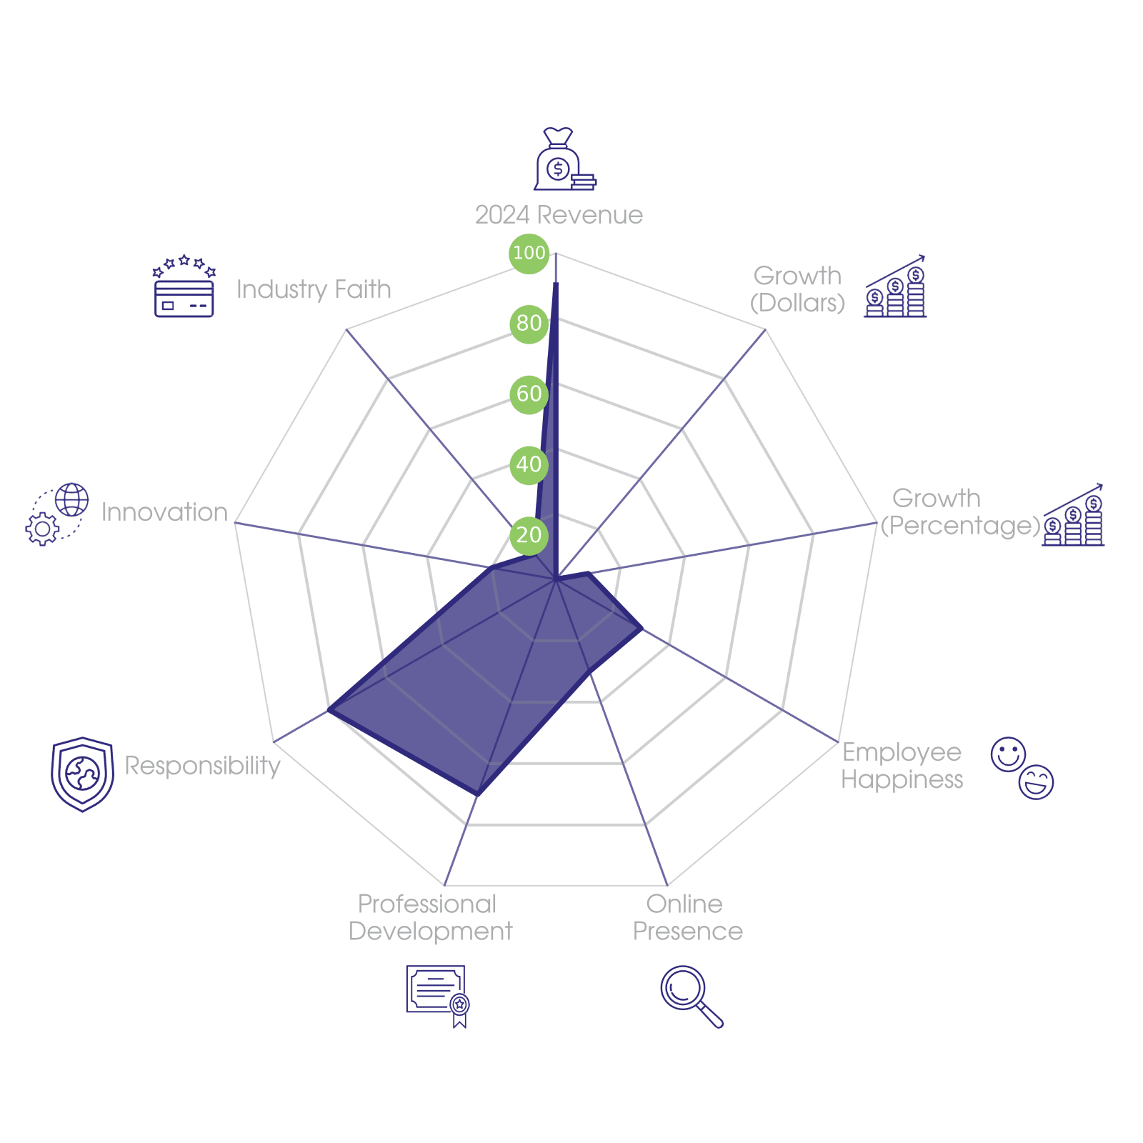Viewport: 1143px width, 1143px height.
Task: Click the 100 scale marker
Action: point(529,253)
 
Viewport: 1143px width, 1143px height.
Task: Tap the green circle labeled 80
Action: point(529,324)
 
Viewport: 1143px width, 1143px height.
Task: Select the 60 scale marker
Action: point(529,394)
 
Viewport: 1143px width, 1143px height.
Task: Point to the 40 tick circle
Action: point(529,464)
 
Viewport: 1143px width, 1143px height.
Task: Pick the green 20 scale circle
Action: point(529,535)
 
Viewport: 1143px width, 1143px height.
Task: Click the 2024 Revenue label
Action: point(559,215)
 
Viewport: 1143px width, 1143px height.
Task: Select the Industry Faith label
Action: point(314,289)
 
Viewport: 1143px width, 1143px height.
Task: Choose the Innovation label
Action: point(164,512)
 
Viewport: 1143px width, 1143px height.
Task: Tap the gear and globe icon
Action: point(57,514)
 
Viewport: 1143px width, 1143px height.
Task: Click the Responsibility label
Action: point(202,766)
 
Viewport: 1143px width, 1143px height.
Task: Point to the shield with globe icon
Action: point(82,774)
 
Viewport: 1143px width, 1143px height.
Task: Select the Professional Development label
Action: point(430,918)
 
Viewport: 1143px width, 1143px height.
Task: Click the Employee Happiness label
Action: point(902,766)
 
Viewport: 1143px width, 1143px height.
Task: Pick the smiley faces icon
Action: point(1022,768)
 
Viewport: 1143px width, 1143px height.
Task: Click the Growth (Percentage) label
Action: point(959,512)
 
